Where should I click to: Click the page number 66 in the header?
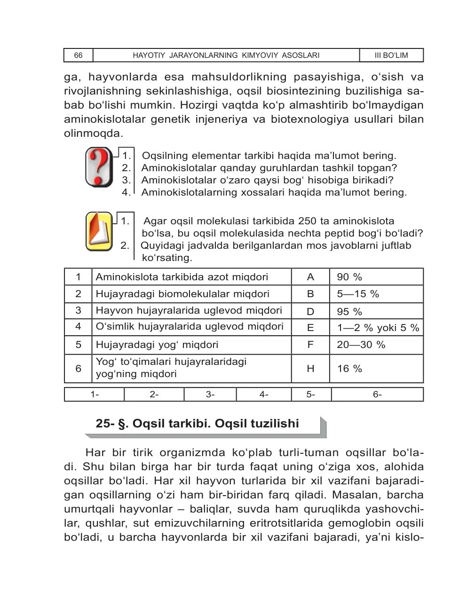click(78, 55)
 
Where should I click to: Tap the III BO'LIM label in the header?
click(391, 55)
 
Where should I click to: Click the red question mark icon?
click(98, 167)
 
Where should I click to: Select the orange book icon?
click(99, 231)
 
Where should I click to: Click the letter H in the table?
click(310, 369)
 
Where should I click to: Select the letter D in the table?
click(310, 311)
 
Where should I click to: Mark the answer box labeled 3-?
click(210, 395)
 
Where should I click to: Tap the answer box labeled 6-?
click(377, 395)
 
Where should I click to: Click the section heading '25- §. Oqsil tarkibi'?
click(197, 424)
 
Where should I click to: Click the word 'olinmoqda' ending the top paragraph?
click(93, 133)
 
